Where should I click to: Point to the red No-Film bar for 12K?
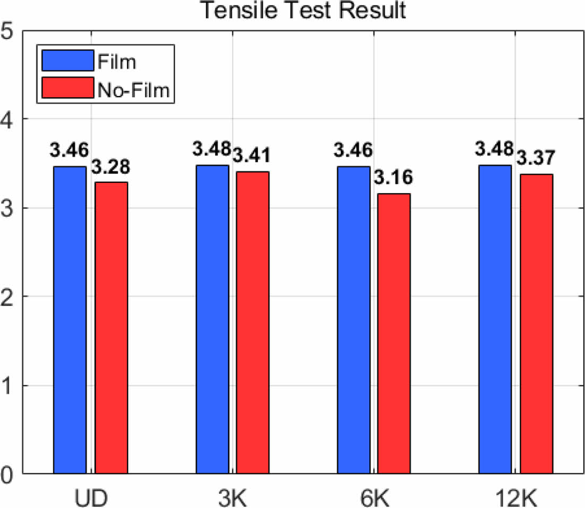(x=536, y=323)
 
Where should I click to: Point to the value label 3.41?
(x=252, y=157)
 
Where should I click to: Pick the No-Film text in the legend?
(x=133, y=90)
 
